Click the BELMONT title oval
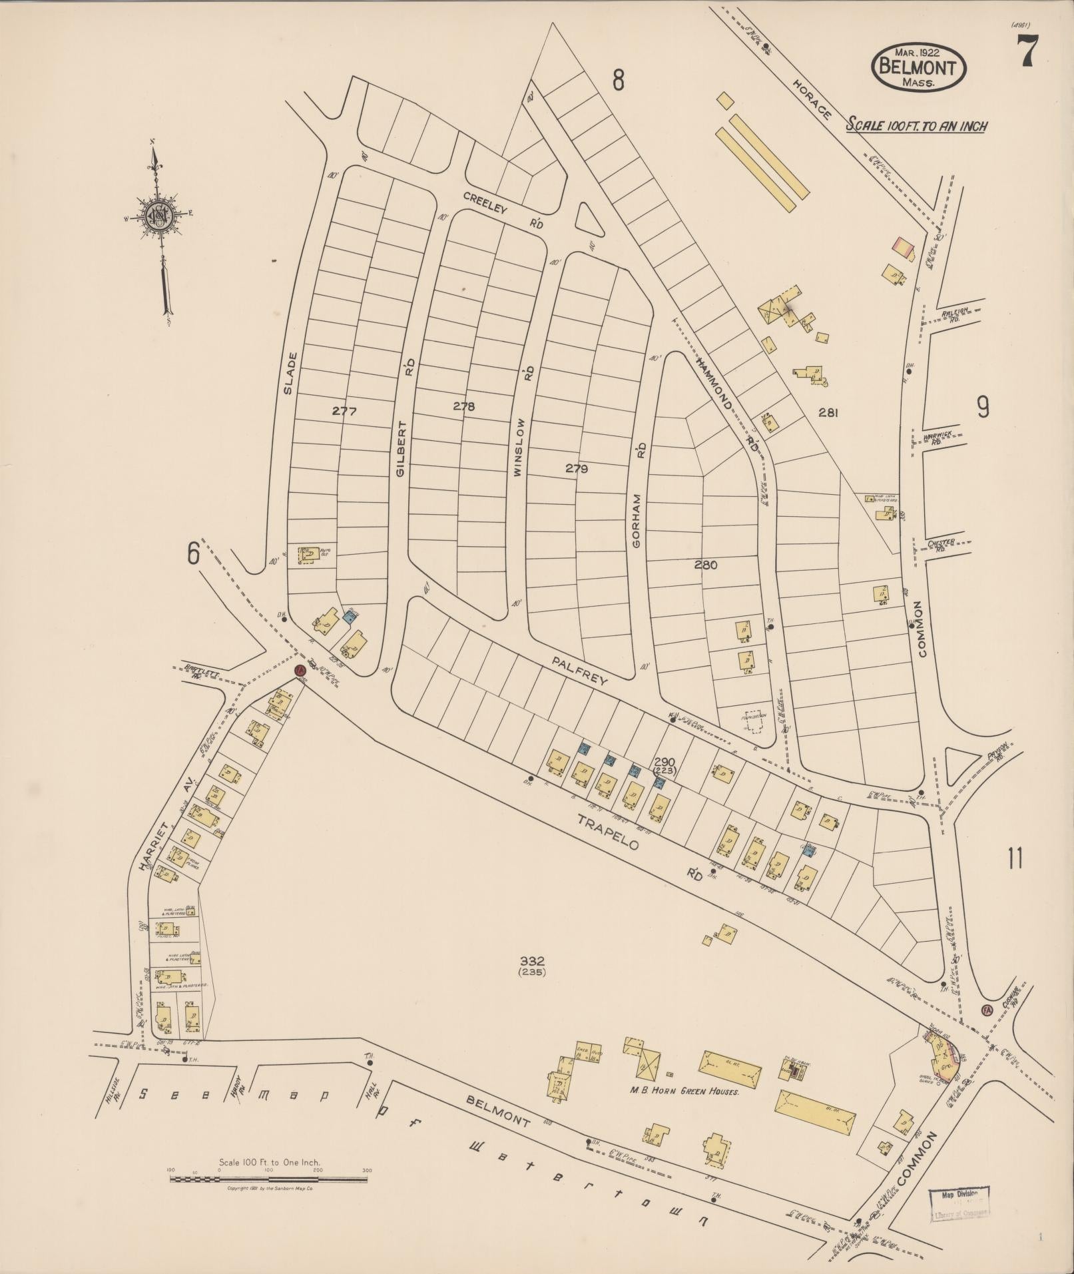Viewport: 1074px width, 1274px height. [x=918, y=67]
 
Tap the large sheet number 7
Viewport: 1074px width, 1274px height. [x=1026, y=51]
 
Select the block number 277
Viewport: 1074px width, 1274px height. [x=344, y=412]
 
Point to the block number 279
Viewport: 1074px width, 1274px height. [x=577, y=468]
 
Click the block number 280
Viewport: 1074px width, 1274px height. [x=705, y=565]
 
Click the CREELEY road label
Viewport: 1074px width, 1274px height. [x=485, y=203]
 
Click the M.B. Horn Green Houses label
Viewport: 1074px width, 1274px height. [x=684, y=1092]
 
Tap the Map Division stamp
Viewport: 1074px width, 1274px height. [x=959, y=1204]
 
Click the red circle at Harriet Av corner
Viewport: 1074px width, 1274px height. [x=300, y=669]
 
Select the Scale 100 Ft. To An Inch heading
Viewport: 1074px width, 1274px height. [x=916, y=126]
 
